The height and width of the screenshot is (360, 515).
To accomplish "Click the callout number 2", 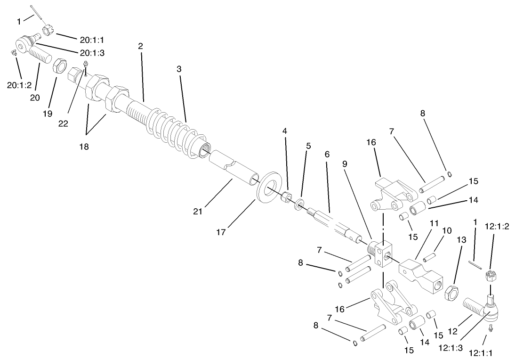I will pyautogui.click(x=140, y=46).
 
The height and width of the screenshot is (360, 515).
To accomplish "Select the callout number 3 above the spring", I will pyautogui.click(x=179, y=69).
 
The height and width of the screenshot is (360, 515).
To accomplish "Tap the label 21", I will pyautogui.click(x=198, y=211).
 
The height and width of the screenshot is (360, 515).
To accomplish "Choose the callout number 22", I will pyautogui.click(x=63, y=123).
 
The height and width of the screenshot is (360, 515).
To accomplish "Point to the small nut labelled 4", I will pyautogui.click(x=285, y=196).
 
